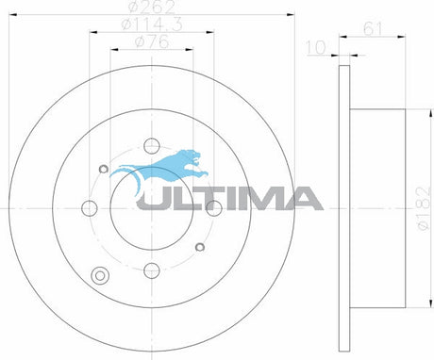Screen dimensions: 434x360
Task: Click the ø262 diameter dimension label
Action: [152, 7]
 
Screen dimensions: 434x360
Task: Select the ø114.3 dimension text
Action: [152, 25]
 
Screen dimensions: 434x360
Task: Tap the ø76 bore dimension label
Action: [152, 41]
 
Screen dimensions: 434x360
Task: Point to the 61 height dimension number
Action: [373, 29]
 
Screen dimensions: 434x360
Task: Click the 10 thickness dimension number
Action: [316, 48]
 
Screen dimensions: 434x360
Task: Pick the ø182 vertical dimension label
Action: [424, 208]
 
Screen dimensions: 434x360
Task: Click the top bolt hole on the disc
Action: [152, 146]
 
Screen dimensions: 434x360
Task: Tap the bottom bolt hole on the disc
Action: [152, 270]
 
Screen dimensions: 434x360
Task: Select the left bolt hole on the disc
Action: [90, 208]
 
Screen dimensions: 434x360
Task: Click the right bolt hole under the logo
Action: [214, 208]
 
